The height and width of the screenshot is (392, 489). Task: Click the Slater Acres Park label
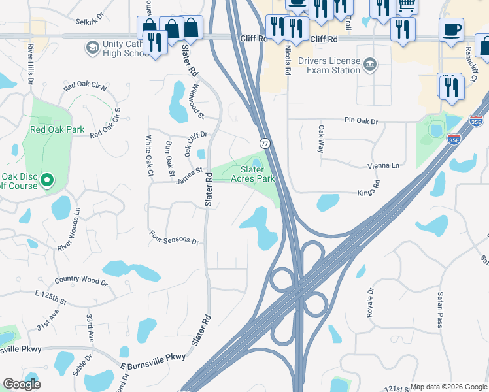(x=253, y=174)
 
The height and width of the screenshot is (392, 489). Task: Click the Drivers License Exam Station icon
(x=370, y=64)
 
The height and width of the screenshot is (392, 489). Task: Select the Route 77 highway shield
(x=265, y=142)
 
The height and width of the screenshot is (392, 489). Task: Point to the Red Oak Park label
(x=58, y=129)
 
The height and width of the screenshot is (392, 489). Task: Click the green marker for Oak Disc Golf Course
(x=47, y=180)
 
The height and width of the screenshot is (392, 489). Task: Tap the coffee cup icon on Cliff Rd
(x=451, y=30)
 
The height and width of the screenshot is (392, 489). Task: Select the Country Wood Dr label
(x=81, y=281)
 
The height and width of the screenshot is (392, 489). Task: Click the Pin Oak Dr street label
(x=362, y=121)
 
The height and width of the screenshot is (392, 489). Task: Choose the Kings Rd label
(x=368, y=193)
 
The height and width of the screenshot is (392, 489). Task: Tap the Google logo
(x=22, y=384)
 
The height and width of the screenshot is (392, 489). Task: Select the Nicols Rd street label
(x=286, y=57)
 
